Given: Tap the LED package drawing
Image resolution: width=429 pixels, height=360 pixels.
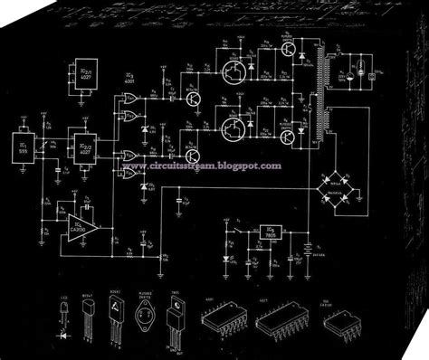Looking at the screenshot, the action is (64, 317).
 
